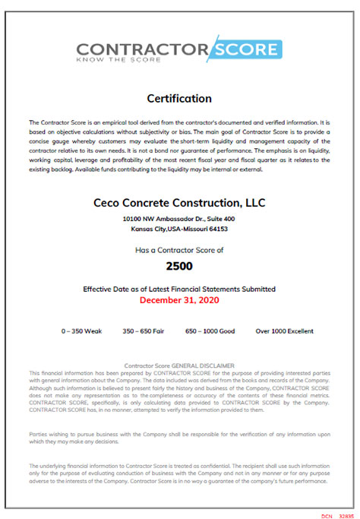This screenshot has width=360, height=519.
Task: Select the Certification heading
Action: pyautogui.click(x=179, y=98)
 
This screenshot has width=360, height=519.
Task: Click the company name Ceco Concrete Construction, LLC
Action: pyautogui.click(x=179, y=203)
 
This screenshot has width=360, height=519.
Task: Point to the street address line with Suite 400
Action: pyautogui.click(x=179, y=218)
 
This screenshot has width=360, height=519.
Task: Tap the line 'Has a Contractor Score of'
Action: pyautogui.click(x=179, y=249)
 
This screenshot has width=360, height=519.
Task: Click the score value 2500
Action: pyautogui.click(x=179, y=267)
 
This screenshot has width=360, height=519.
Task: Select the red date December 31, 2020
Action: pyautogui.click(x=179, y=299)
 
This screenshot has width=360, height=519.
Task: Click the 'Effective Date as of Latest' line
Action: pyautogui.click(x=179, y=289)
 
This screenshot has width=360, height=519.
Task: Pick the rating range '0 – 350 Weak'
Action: pyautogui.click(x=81, y=331)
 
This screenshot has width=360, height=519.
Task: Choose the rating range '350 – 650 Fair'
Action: pyautogui.click(x=144, y=331)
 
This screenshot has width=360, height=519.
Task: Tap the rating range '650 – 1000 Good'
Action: pyautogui.click(x=210, y=331)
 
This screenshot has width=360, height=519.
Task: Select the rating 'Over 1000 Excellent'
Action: pyautogui.click(x=284, y=331)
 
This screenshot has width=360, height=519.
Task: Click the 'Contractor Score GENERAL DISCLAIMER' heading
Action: pyautogui.click(x=179, y=366)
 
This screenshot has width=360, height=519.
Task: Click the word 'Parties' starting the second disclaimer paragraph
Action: pyautogui.click(x=38, y=433)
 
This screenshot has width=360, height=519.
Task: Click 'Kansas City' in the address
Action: pyautogui.click(x=149, y=228)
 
